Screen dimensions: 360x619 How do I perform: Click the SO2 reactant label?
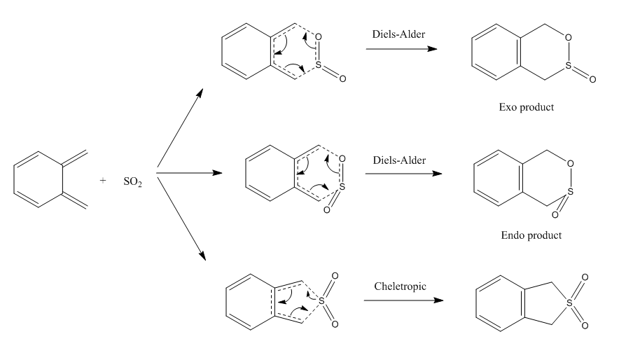133,181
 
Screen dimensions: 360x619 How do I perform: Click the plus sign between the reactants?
103,180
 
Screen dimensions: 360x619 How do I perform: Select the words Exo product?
527,108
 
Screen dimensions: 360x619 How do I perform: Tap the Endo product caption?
531,235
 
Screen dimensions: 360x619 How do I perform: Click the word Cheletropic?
396,286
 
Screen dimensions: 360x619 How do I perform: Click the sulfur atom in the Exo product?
571,67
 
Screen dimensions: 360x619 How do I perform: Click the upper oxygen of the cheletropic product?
585,277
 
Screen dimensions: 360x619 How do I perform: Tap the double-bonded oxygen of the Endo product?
555,214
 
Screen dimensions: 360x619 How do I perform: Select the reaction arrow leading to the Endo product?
403,174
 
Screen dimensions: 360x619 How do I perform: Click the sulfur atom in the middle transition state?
341,187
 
